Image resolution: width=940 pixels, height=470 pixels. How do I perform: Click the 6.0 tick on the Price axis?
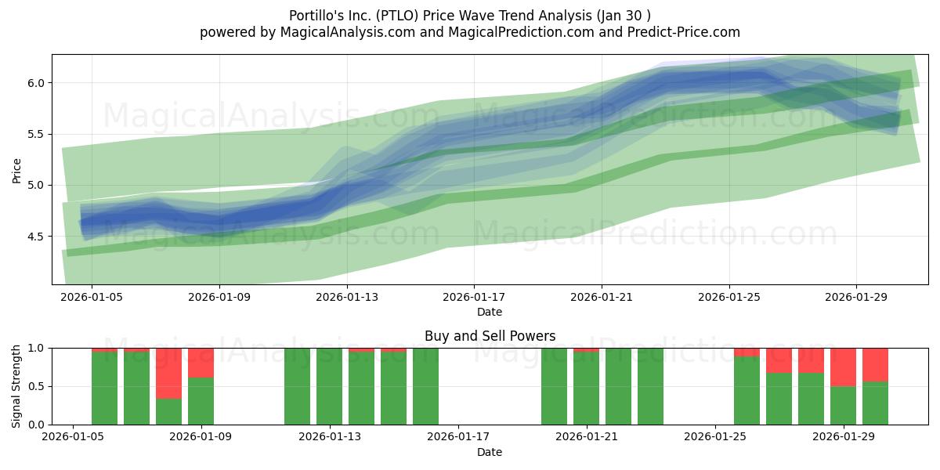(36, 83)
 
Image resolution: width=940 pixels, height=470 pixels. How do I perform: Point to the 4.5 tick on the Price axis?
(36, 237)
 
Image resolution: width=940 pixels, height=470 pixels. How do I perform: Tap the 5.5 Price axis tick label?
(36, 134)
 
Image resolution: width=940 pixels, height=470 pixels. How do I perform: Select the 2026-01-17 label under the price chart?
(474, 297)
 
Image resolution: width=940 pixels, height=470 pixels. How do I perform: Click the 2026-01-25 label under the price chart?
(729, 297)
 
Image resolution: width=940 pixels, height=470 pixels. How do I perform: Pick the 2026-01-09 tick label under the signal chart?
(201, 436)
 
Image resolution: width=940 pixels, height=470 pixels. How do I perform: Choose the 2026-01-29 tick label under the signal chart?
(844, 436)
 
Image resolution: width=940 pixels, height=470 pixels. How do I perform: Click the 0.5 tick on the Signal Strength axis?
(36, 386)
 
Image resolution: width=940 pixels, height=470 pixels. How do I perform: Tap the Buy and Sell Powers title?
(490, 336)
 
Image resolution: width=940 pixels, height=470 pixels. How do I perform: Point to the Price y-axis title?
(16, 171)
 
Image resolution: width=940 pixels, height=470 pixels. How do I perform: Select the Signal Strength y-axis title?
(16, 386)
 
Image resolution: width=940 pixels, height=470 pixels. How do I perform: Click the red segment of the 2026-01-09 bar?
(201, 363)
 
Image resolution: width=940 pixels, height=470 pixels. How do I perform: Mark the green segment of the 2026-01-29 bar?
(843, 406)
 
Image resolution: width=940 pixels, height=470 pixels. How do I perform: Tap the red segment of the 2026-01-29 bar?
(843, 367)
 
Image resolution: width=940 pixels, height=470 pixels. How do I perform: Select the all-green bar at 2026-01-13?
(330, 386)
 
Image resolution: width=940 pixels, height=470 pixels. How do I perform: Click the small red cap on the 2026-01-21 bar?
(586, 350)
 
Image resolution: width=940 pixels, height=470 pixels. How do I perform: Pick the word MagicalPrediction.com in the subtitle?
(521, 32)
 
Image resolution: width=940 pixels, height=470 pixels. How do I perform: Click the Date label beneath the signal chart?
(490, 452)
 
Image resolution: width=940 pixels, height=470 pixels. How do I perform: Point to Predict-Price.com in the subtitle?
(684, 32)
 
